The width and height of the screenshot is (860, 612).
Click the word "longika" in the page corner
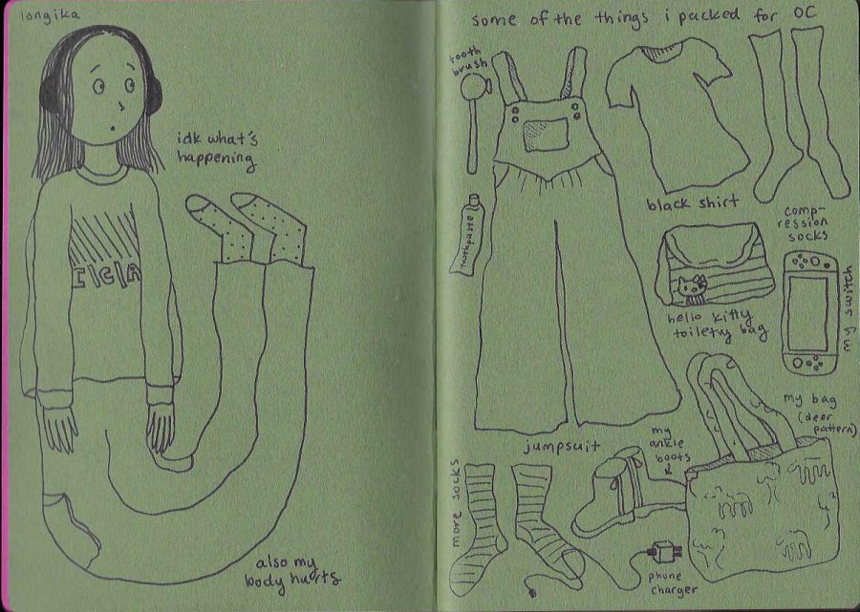[50, 16]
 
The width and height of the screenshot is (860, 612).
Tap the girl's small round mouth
[112, 128]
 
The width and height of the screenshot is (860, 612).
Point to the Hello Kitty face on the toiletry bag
[691, 286]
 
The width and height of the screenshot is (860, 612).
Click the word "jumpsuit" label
[562, 448]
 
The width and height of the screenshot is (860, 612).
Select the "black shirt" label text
[692, 202]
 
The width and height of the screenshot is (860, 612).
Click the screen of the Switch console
[809, 314]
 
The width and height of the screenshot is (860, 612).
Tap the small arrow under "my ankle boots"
[668, 470]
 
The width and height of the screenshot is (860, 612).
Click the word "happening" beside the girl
[216, 160]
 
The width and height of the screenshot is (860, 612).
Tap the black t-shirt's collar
[662, 53]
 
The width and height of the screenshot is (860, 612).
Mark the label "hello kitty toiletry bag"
[717, 327]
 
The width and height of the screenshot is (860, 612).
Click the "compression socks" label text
[806, 224]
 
